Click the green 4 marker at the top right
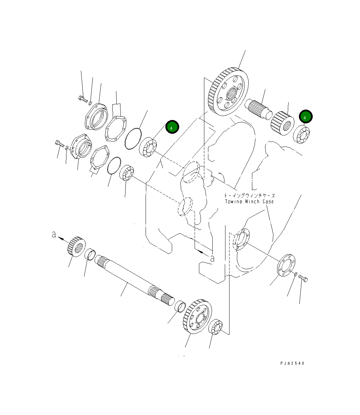306,117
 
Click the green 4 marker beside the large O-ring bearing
172,127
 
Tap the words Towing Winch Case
249,201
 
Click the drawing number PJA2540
293,363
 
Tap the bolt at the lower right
304,278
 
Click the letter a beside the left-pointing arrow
54,235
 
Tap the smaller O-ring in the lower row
114,166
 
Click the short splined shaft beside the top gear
259,108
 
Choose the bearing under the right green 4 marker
302,134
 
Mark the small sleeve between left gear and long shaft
90,254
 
